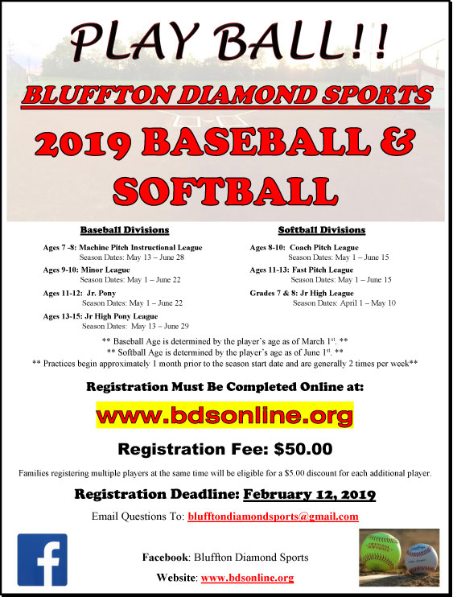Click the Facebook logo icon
click(x=43, y=559)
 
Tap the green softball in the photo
click(x=381, y=551)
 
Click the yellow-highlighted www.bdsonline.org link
click(x=224, y=415)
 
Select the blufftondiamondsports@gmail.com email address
click(x=273, y=517)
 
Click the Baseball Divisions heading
click(x=125, y=230)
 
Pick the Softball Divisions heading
click(x=322, y=230)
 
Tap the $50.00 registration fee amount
click(x=303, y=449)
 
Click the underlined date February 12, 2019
click(x=310, y=494)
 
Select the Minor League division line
click(x=86, y=270)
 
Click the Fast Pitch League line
click(x=302, y=270)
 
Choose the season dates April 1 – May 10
click(x=344, y=303)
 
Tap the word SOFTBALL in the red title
click(x=225, y=190)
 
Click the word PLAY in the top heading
click(x=133, y=39)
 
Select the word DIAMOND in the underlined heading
click(x=247, y=95)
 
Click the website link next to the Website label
click(x=247, y=578)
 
